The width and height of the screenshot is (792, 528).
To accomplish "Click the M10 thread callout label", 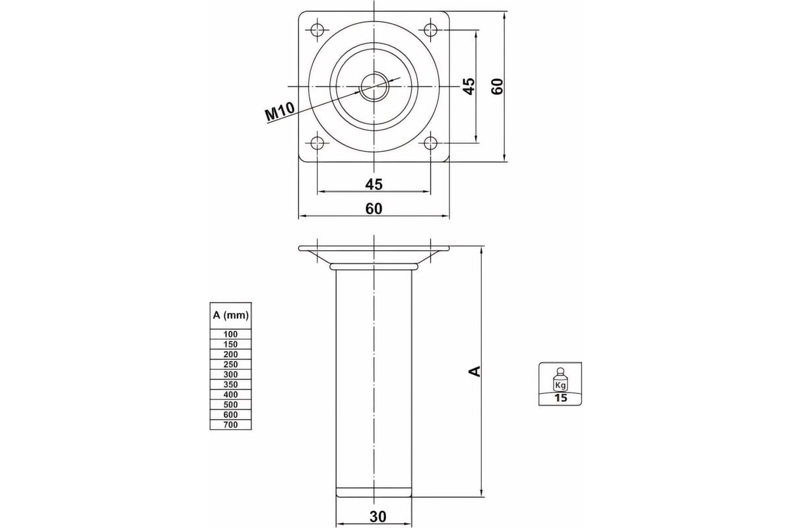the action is [280, 111].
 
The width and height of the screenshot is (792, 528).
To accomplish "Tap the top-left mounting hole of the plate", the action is [317, 30].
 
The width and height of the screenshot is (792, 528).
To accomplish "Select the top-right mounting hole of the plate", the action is [430, 30].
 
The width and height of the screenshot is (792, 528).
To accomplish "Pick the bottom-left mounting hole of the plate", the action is [317, 143].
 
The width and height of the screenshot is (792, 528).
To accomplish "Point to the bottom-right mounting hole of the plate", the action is [430, 143].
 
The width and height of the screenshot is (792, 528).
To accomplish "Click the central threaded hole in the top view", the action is [374, 86].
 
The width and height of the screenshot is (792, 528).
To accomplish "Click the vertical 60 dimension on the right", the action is [497, 86].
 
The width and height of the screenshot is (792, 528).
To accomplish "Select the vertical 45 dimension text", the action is [469, 86].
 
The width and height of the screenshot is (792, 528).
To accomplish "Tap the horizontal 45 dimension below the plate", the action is [374, 184].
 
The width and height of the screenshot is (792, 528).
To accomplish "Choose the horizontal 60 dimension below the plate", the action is [374, 209].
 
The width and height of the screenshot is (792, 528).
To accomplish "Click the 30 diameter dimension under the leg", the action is [378, 517].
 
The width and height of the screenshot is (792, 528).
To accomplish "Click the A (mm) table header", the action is [230, 315].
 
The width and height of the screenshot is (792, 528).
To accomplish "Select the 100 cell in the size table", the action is [230, 334].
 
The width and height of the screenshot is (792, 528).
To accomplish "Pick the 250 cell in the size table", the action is [230, 364].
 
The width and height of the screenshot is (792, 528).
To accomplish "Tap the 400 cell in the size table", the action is [230, 394].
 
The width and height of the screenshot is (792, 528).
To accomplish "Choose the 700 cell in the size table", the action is [230, 424].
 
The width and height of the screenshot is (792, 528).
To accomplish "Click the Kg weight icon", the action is [560, 379].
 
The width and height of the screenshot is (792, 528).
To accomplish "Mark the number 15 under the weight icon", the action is [560, 398].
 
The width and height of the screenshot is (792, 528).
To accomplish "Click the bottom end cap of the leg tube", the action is [374, 492].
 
